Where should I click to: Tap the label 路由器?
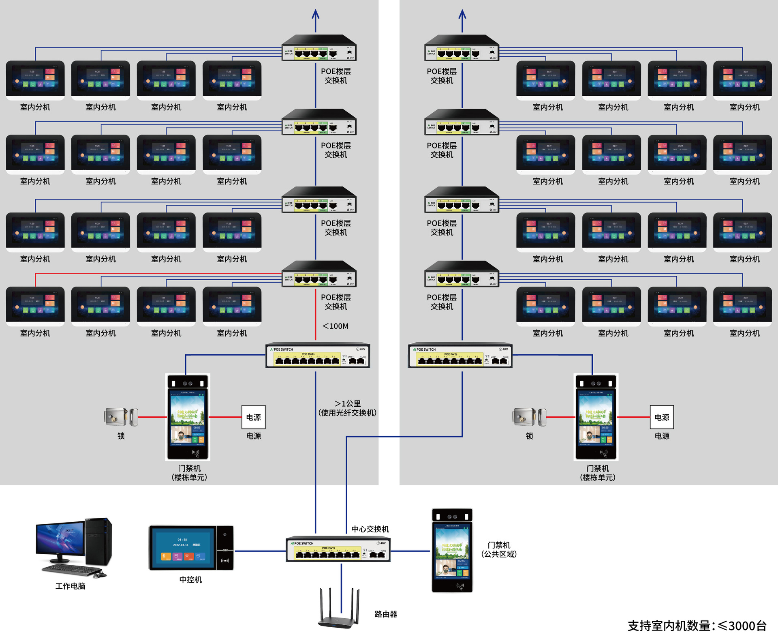(x=386, y=614)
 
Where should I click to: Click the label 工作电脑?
(x=71, y=586)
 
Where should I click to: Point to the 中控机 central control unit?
(x=191, y=548)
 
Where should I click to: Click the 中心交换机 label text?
(x=370, y=529)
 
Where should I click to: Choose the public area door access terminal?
(x=452, y=550)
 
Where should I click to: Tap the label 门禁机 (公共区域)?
(x=499, y=549)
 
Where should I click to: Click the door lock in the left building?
(x=121, y=417)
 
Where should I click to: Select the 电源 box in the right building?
(x=662, y=417)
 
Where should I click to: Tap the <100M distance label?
(x=336, y=326)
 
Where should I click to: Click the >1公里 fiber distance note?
(x=347, y=408)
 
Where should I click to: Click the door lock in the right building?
(x=529, y=417)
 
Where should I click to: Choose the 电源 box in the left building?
(x=254, y=417)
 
